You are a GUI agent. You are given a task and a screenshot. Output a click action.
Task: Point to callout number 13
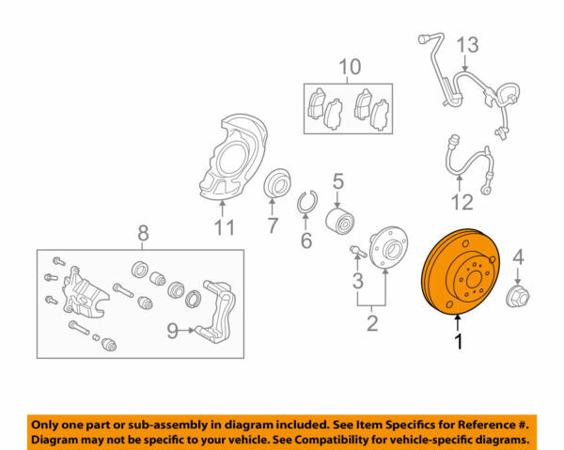467,44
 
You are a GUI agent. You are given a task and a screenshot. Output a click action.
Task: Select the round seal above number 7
277,183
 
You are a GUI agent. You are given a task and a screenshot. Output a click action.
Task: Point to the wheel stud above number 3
356,252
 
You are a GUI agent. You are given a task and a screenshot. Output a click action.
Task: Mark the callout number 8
143,232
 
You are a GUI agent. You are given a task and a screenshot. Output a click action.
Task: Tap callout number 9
171,330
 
